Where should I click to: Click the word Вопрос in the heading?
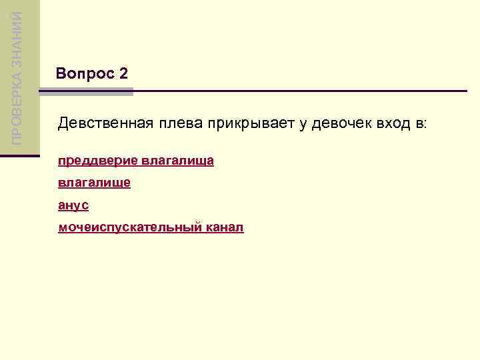pyautogui.click(x=85, y=74)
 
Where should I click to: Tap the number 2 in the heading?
pyautogui.click(x=123, y=74)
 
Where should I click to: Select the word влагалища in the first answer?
pyautogui.click(x=177, y=161)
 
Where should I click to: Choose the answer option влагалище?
pyautogui.click(x=94, y=183)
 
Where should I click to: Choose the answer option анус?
pyautogui.click(x=73, y=205)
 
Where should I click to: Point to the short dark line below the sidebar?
pyautogui.click(x=20, y=155)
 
